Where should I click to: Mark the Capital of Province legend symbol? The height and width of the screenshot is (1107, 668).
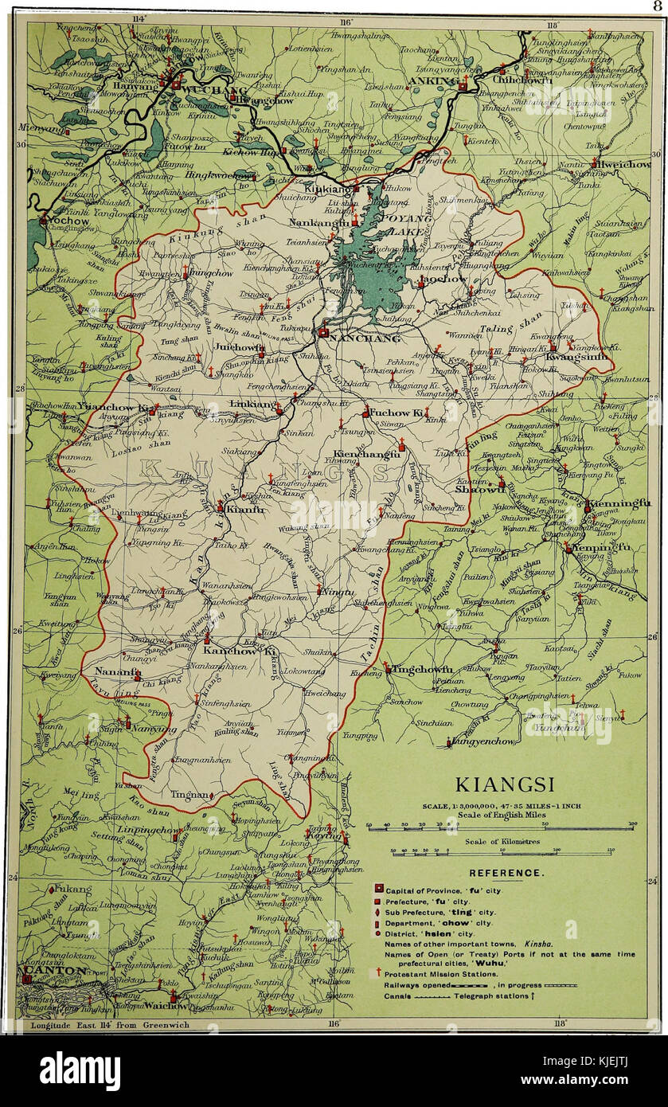pyautogui.click(x=380, y=888)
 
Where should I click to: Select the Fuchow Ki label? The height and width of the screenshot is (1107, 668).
pyautogui.click(x=395, y=413)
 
